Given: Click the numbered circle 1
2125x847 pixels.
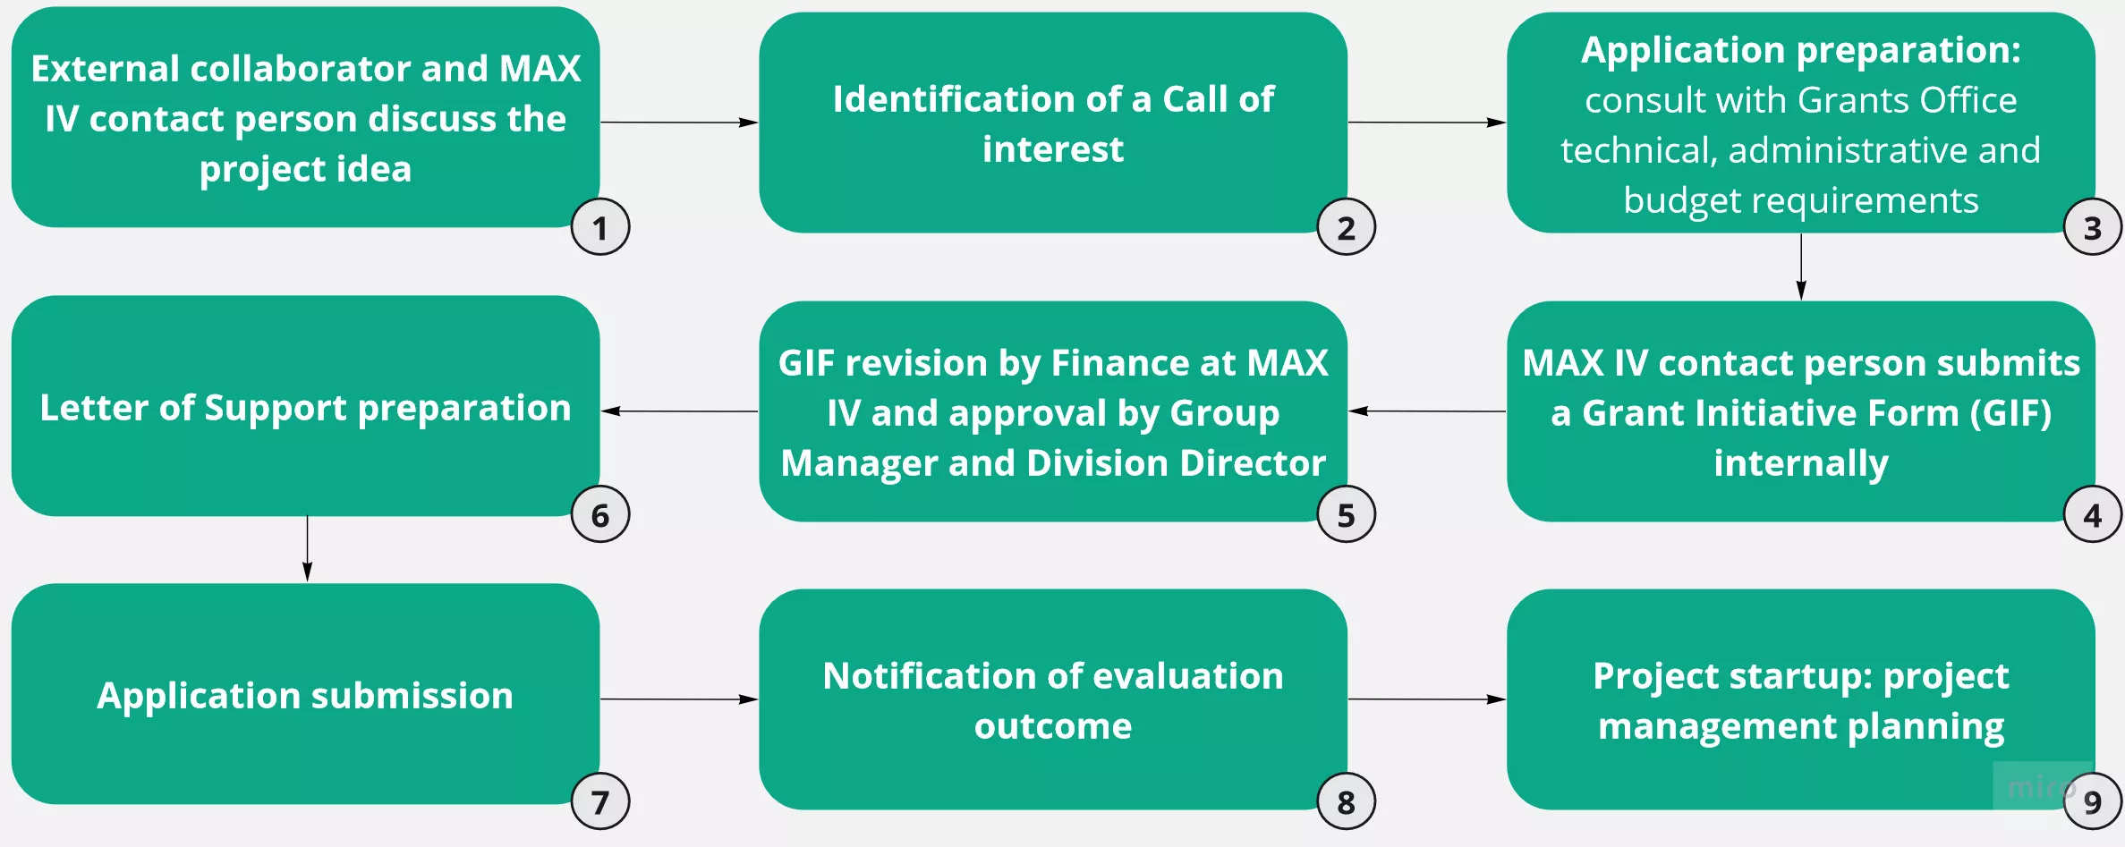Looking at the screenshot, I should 600,227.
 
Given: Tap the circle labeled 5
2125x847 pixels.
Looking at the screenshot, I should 1346,515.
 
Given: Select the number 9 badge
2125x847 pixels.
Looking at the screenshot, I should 2092,802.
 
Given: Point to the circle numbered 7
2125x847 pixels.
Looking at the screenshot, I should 600,802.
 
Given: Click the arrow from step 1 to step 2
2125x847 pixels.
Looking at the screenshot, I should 678,123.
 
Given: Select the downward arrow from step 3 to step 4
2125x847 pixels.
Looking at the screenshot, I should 1801,267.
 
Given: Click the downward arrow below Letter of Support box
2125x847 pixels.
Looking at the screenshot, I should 307,548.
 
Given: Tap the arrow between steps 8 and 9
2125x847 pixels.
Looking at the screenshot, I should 1426,699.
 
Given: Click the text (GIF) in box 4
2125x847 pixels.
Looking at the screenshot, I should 2010,413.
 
